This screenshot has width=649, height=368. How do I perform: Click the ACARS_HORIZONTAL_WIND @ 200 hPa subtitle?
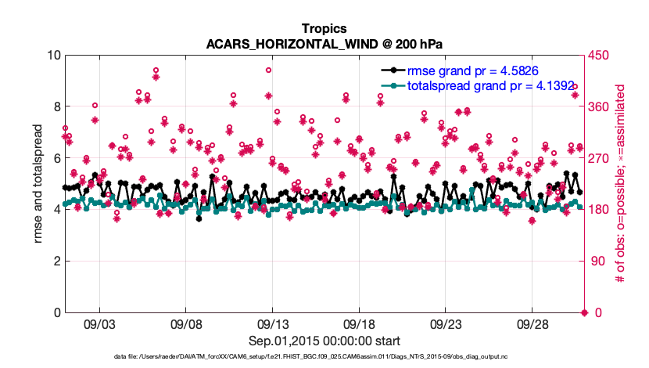point(324,44)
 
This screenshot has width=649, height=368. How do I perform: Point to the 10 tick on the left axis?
point(53,56)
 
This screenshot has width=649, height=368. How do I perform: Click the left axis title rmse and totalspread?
point(38,183)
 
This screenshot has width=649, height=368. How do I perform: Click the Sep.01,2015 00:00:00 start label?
point(324,341)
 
